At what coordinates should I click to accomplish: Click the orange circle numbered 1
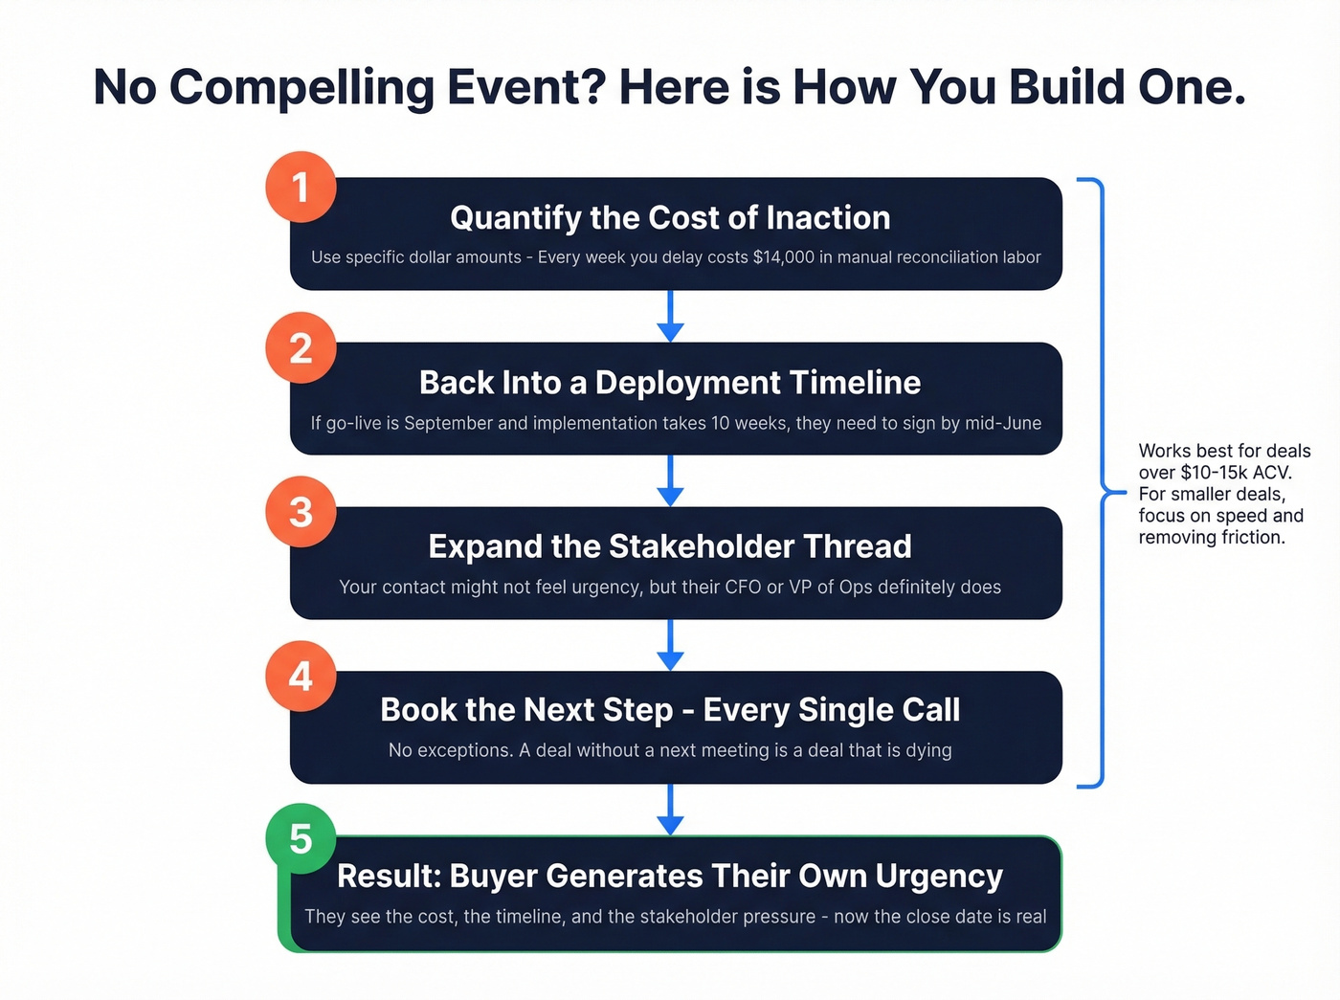coord(301,188)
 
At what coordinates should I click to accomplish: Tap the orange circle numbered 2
coord(301,348)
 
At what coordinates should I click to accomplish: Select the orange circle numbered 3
coord(301,512)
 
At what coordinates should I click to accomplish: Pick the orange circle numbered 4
coord(301,677)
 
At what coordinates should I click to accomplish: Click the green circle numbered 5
coord(301,838)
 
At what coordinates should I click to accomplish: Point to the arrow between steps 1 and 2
coord(670,317)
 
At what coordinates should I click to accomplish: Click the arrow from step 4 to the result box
coord(670,810)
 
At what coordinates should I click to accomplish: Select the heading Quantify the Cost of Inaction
coord(670,218)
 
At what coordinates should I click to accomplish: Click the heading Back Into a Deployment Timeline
coord(670,383)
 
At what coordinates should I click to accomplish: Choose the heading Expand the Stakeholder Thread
coord(670,546)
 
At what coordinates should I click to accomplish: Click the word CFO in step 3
coord(743,587)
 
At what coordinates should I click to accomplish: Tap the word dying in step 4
coord(927,750)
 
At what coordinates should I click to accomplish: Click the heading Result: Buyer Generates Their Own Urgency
coord(670,876)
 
